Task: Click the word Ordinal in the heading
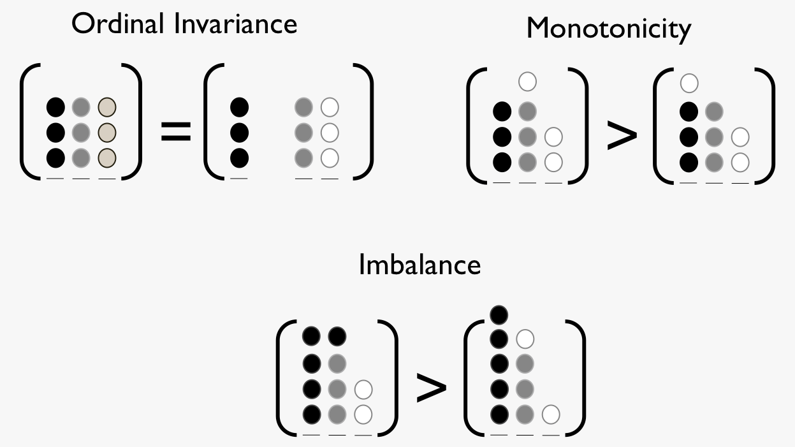tap(118, 24)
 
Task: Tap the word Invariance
tap(236, 24)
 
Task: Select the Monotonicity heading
tap(609, 30)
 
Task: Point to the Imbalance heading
tap(420, 265)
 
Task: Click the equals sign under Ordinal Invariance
tap(176, 131)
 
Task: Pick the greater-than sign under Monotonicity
tap(622, 135)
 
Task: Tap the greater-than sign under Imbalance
tap(432, 388)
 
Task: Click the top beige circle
tap(107, 107)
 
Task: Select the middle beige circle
tap(107, 133)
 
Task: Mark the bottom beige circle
tap(107, 158)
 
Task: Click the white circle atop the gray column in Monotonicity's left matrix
tap(527, 82)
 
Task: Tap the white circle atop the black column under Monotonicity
tap(689, 84)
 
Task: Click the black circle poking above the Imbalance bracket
tap(499, 315)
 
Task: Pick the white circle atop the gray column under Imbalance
tap(525, 339)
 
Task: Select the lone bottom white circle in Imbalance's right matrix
tap(551, 414)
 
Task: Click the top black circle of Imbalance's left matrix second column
tap(337, 336)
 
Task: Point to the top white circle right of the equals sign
tap(330, 107)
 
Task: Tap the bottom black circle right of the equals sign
tap(239, 158)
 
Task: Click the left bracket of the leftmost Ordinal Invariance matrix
tap(30, 121)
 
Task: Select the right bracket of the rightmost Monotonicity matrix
tap(765, 126)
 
